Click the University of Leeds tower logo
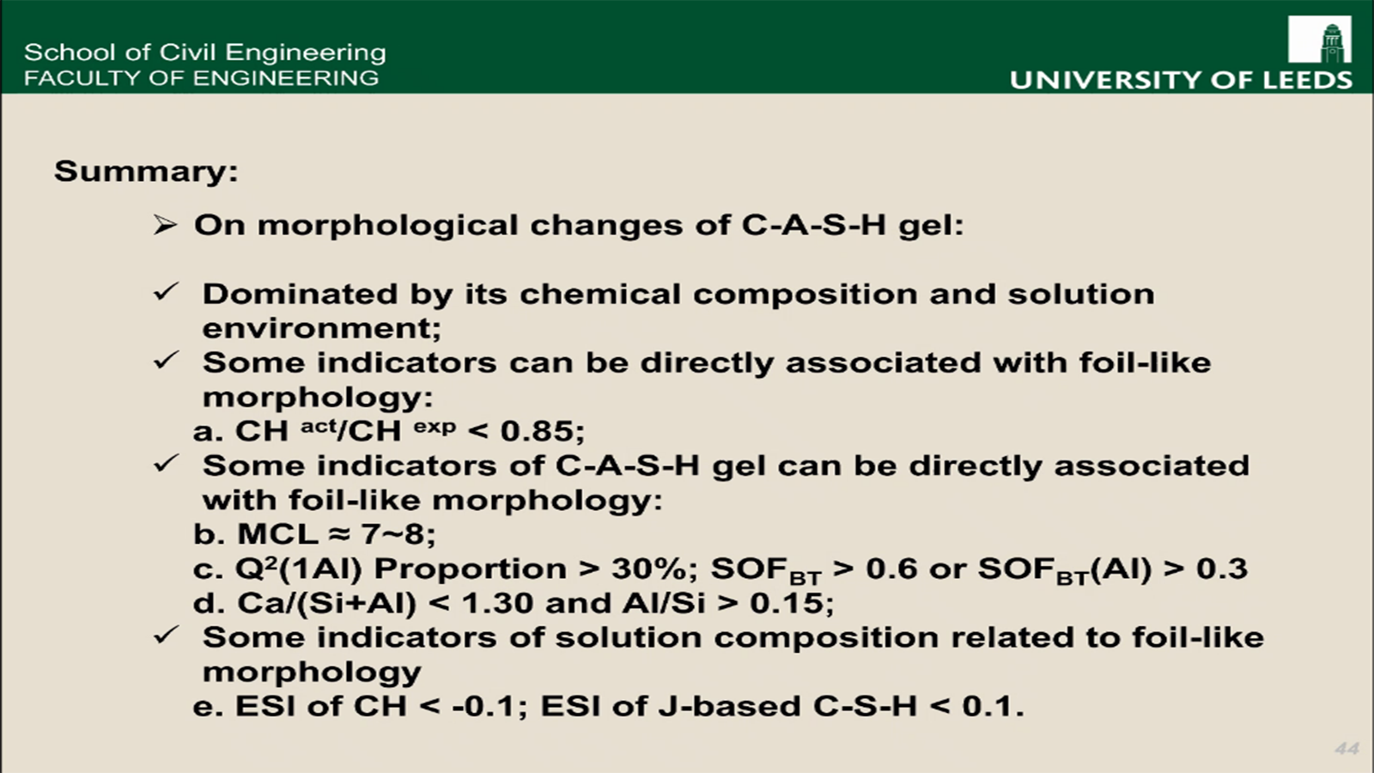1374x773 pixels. click(x=1319, y=40)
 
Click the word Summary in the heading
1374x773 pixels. click(x=142, y=171)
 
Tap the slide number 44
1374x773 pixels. click(x=1347, y=748)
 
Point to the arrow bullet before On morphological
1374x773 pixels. click(x=165, y=225)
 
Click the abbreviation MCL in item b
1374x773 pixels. click(x=277, y=533)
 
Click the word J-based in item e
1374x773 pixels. click(x=730, y=706)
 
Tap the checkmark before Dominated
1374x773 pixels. click(x=166, y=292)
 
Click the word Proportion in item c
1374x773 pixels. click(x=470, y=569)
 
